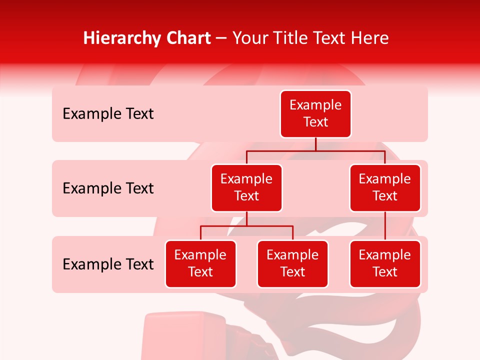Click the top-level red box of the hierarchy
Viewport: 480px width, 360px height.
point(315,113)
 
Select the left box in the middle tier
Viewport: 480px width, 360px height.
point(246,187)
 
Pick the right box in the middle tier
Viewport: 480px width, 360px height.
point(385,187)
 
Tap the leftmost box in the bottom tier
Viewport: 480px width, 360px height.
point(200,263)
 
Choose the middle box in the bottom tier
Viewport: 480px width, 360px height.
point(292,263)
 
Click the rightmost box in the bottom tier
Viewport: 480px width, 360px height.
point(385,263)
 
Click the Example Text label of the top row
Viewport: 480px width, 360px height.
point(108,114)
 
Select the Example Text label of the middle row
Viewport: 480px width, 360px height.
point(108,188)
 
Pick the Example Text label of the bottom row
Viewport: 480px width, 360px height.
point(108,264)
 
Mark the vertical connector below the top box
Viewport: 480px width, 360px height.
point(315,144)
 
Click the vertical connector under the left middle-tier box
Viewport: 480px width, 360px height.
point(246,218)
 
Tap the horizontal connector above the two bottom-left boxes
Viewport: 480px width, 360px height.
point(246,226)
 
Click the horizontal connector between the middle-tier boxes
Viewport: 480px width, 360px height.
point(315,150)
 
